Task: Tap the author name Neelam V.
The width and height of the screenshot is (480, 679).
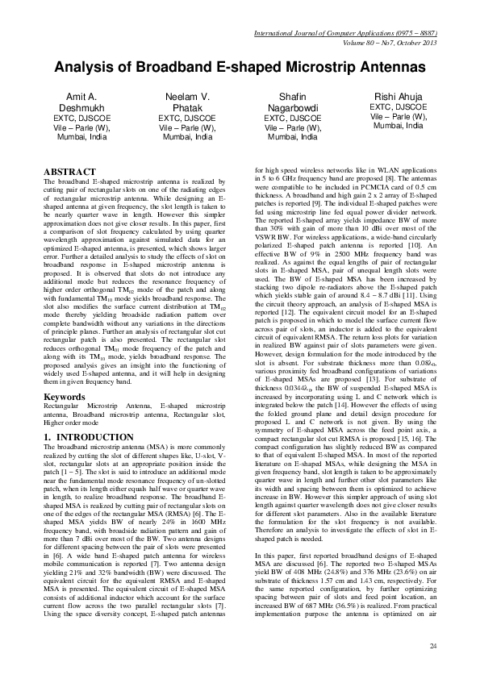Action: pos(186,96)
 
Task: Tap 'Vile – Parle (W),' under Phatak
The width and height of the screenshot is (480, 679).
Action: pos(186,127)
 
